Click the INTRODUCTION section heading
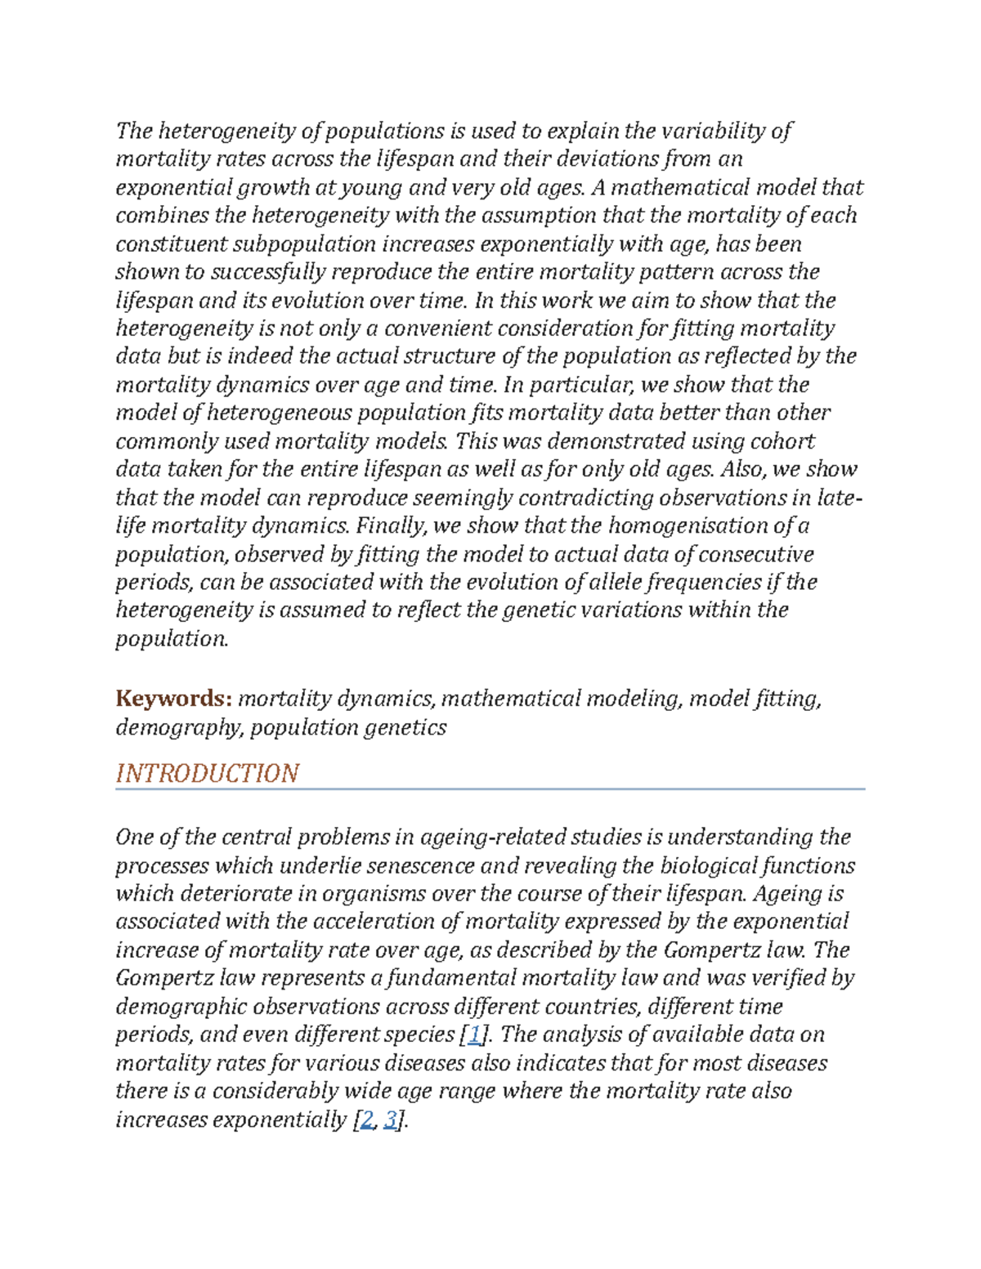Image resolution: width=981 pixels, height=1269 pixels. [207, 773]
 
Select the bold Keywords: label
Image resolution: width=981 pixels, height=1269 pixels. [174, 699]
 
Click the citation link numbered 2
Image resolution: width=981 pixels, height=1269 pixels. [367, 1119]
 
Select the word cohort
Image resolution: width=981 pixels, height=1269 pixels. [777, 441]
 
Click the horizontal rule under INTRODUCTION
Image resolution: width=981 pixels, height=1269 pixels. [490, 789]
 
